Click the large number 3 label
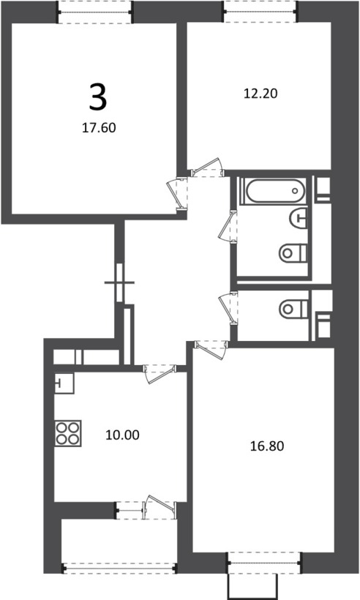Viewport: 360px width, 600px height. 98,97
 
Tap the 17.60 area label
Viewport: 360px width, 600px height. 99,128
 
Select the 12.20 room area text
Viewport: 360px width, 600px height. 260,94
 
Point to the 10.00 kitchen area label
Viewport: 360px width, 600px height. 122,435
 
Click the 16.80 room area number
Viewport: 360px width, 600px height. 267,446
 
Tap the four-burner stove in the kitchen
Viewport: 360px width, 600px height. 68,432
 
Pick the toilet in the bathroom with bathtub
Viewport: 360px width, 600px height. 293,253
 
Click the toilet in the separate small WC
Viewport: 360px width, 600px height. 293,309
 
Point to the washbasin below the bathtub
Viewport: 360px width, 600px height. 299,218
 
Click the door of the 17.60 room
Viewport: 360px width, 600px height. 177,194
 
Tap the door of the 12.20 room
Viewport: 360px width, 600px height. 206,168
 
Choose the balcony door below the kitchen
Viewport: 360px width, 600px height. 160,506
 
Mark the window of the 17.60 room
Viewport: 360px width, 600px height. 94,12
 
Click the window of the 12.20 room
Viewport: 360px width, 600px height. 260,12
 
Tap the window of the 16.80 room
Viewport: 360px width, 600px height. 265,563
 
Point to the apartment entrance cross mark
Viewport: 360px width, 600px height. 119,282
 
